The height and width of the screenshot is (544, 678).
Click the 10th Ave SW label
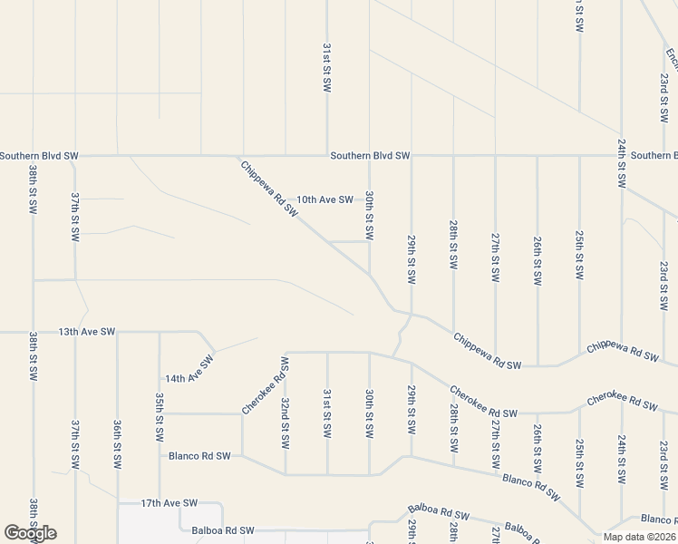324,199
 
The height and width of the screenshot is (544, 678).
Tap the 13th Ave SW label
87,333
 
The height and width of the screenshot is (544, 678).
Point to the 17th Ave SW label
169,502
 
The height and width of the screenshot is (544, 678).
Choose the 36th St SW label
118,443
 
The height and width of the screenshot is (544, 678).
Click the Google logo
30,533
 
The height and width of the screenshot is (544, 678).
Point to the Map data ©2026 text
640,537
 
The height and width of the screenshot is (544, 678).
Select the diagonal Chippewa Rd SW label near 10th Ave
269,189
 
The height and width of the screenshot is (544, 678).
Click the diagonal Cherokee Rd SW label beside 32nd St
266,385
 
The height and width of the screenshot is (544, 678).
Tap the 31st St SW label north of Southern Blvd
327,67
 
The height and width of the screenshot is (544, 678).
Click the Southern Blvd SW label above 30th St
370,156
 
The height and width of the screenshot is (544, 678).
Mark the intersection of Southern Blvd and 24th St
621,155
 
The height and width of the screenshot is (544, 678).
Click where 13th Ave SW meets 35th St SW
160,333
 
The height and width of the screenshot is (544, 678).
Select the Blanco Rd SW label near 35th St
198,456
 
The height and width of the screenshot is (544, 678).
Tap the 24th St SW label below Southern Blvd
621,163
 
